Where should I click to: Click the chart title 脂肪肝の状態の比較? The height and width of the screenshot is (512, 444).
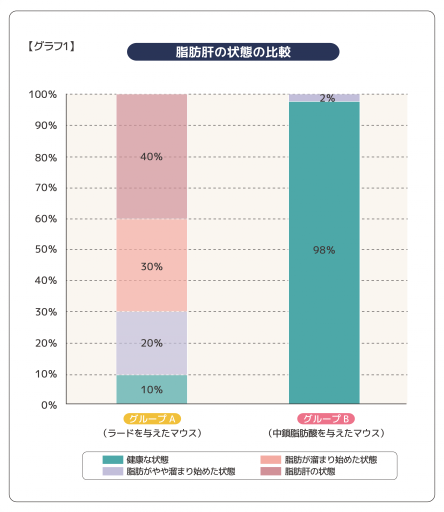pos(233,52)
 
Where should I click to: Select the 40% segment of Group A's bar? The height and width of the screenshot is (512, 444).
pos(151,156)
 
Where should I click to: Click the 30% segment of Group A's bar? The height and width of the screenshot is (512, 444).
pos(151,266)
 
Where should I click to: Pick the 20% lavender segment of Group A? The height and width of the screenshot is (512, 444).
pos(151,343)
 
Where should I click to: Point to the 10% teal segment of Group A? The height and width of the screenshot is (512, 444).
pos(151,389)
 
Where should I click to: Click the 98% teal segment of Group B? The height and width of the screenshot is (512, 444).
pos(324,250)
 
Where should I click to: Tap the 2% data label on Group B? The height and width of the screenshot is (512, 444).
pos(327,98)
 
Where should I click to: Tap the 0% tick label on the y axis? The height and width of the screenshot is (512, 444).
pos(49,405)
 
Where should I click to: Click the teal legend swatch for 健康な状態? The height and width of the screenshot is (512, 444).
pos(112,459)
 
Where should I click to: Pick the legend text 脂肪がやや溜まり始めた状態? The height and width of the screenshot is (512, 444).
pos(180,471)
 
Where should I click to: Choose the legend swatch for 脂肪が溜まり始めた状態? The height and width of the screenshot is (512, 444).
pos(270,459)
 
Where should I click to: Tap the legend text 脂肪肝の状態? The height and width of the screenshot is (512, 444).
pos(309,471)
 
